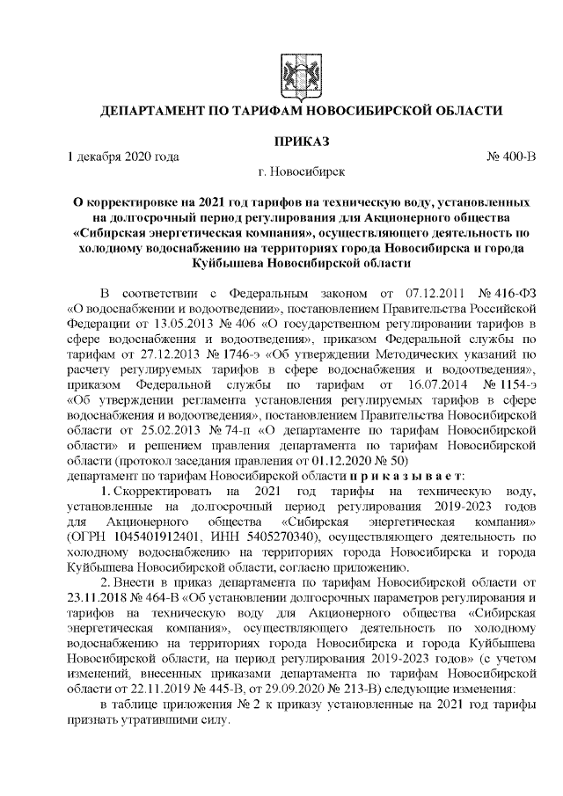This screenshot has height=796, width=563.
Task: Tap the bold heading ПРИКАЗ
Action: [x=302, y=141]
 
